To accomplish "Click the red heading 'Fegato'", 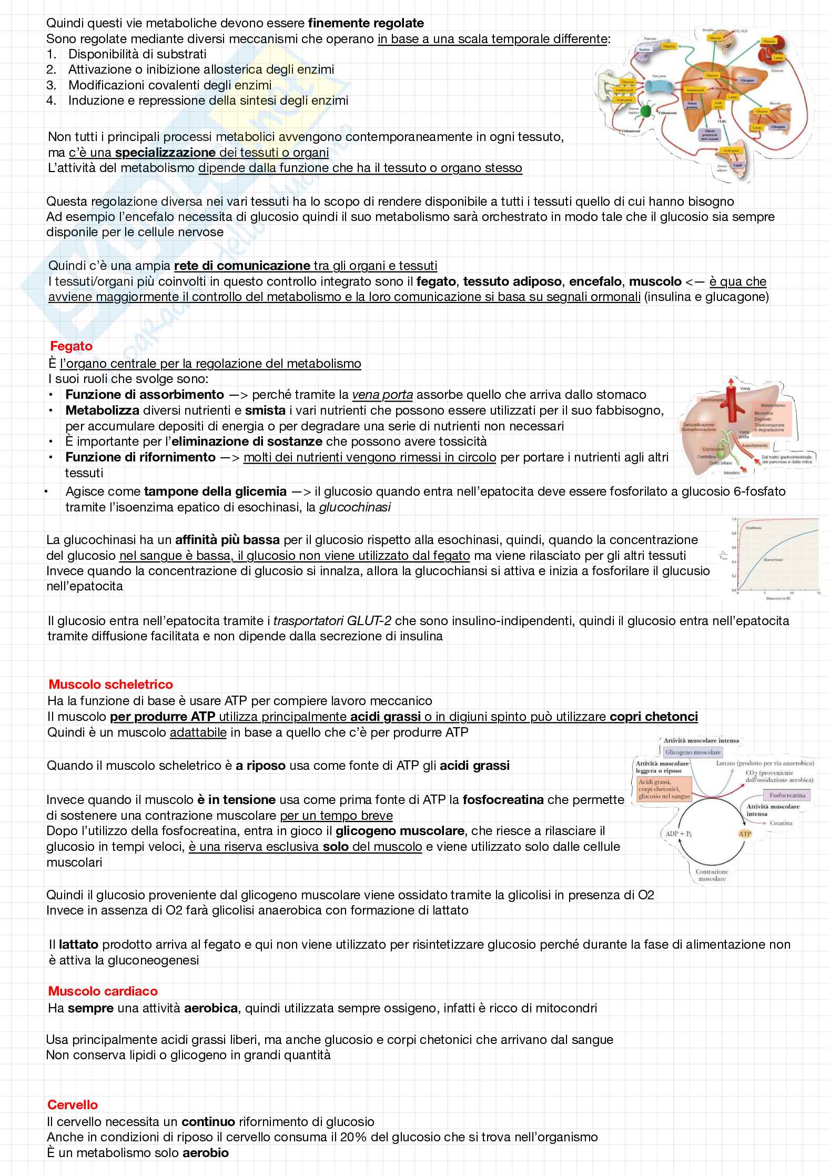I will click(x=71, y=346).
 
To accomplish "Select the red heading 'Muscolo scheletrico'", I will click(x=110, y=685).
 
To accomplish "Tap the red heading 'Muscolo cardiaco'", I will click(x=103, y=991).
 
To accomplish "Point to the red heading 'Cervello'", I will click(x=73, y=1104).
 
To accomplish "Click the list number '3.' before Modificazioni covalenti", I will click(x=51, y=85).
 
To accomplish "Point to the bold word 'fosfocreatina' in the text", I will click(x=503, y=800).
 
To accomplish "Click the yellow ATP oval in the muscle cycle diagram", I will click(x=745, y=833).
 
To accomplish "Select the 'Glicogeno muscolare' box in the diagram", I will click(x=693, y=752).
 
